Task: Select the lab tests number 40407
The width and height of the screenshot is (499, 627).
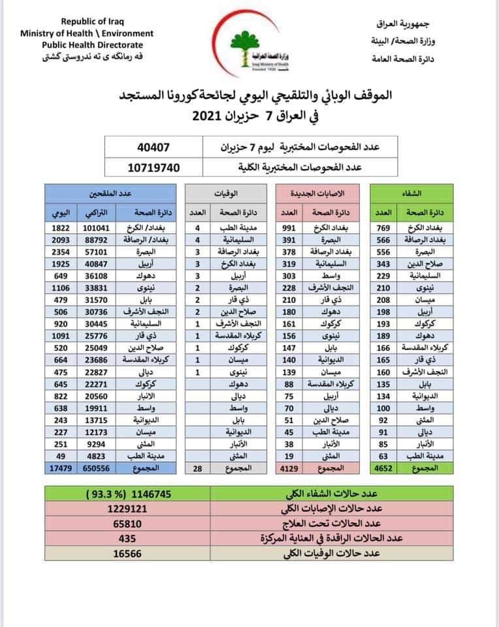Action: click(x=154, y=147)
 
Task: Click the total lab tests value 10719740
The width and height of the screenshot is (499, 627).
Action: click(x=154, y=167)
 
